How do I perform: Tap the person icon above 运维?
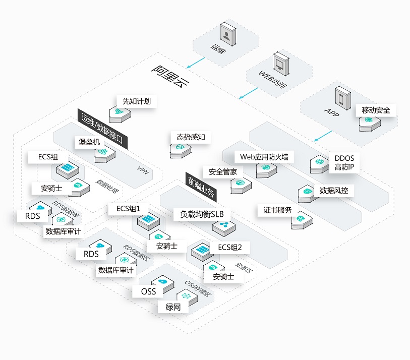click(x=228, y=35)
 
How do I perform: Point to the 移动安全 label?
click(x=376, y=110)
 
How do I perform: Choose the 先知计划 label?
click(x=136, y=101)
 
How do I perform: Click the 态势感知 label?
click(x=191, y=137)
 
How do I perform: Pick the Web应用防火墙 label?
click(x=266, y=157)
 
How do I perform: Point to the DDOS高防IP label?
click(x=345, y=163)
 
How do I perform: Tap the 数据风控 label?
click(x=334, y=191)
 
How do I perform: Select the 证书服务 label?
click(x=277, y=210)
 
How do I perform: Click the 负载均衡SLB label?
click(x=198, y=213)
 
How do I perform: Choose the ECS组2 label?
click(x=229, y=247)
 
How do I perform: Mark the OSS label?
click(x=148, y=291)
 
